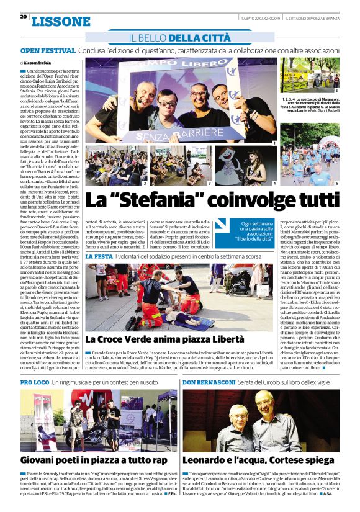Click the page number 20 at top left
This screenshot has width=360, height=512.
pyautogui.click(x=23, y=16)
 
